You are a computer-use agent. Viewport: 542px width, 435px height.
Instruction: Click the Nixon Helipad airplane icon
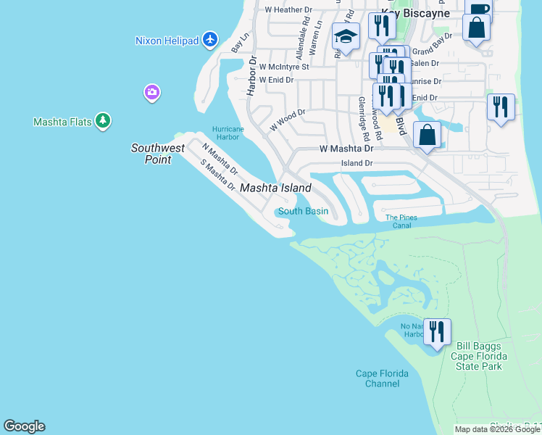coord(210,39)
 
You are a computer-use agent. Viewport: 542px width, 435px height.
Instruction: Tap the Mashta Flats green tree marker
coord(103,121)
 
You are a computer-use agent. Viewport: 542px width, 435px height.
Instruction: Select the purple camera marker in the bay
coord(151,92)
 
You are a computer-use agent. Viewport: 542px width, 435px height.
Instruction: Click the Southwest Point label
coord(157,154)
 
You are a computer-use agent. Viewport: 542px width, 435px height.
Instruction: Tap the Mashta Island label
coord(275,188)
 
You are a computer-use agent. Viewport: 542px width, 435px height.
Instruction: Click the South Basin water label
coord(303,212)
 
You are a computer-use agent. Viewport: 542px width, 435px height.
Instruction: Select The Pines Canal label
coord(401,221)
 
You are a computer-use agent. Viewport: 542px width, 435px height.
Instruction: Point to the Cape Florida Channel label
coord(382,378)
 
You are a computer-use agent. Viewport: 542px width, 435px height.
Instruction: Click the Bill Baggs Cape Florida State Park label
coord(476,356)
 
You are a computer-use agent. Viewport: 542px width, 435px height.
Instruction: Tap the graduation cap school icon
coord(346,36)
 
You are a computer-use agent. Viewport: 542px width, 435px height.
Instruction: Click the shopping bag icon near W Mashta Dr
coord(428,135)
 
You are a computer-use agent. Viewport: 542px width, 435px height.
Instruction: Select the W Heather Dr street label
coord(288,10)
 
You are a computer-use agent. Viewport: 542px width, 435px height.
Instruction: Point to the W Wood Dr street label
coord(288,120)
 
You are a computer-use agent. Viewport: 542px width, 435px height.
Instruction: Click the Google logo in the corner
coord(24,426)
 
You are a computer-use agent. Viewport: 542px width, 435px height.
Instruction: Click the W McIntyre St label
coord(284,66)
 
